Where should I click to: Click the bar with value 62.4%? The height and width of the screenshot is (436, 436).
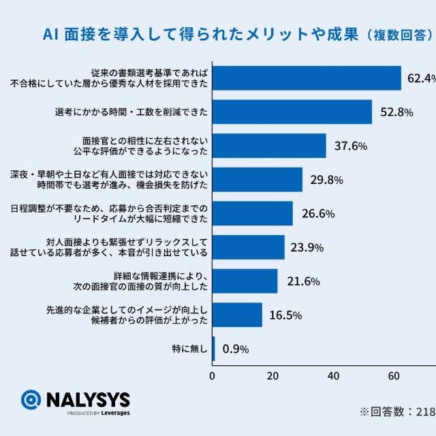pyautogui.click(x=307, y=78)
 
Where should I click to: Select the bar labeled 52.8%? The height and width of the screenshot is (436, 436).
pyautogui.click(x=292, y=112)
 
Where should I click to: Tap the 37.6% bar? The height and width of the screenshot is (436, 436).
pyautogui.click(x=269, y=146)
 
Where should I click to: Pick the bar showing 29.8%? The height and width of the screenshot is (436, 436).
pyautogui.click(x=258, y=180)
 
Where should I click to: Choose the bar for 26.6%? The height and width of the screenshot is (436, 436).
pyautogui.click(x=253, y=213)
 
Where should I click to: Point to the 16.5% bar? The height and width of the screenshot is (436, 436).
pyautogui.click(x=237, y=315)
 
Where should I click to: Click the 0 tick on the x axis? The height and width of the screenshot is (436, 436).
pyautogui.click(x=213, y=376)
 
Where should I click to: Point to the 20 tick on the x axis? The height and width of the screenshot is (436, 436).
pyautogui.click(x=273, y=376)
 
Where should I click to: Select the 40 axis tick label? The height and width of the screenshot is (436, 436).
pyautogui.click(x=333, y=376)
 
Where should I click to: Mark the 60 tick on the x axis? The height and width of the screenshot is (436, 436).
pyautogui.click(x=394, y=376)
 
